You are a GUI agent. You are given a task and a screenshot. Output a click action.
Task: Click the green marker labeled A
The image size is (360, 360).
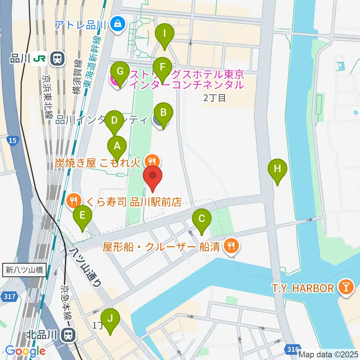click(117, 146)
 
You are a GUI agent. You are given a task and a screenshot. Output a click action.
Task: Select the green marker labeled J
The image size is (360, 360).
click(110, 318)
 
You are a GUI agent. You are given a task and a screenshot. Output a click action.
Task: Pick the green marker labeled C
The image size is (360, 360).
click(202, 218)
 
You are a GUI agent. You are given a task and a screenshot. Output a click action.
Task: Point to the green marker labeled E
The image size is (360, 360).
click(82, 216)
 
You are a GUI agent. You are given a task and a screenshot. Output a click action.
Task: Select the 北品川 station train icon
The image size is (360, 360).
click(69, 334)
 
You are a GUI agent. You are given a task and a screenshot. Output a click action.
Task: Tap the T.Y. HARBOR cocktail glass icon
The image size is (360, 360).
click(345, 288)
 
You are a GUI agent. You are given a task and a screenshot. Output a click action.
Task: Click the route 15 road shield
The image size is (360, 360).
click(12, 140)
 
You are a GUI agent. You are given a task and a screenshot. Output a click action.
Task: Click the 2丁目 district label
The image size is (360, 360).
click(214, 98)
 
